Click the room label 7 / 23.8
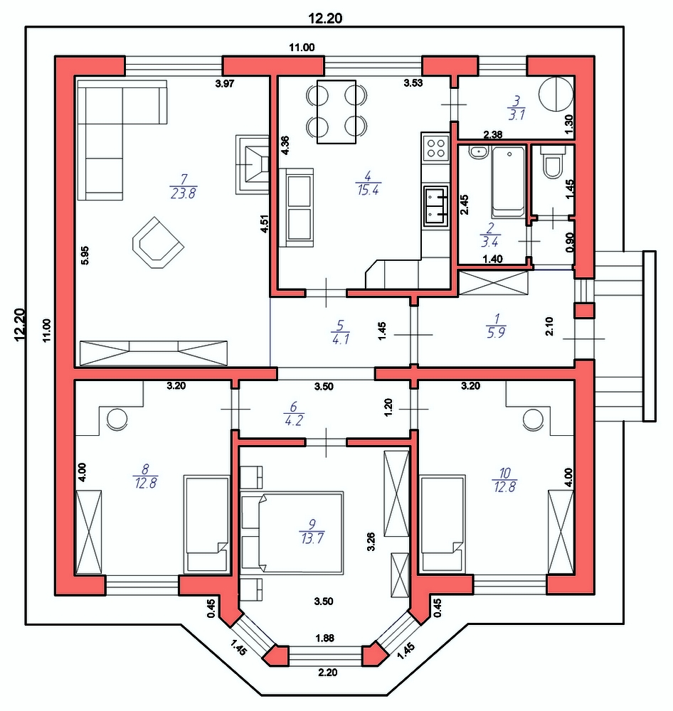pos(184,186)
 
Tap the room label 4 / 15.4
pos(368,183)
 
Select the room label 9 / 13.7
pos(312,532)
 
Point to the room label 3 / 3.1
pos(516,108)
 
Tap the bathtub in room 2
pos(508,182)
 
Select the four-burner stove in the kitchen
pos(435,147)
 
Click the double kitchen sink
pos(435,206)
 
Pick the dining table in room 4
pos(336,112)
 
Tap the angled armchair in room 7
pos(158,242)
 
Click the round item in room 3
pos(556,95)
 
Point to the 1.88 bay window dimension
pos(325,638)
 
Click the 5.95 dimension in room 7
pos(85,255)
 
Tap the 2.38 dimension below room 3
pos(493,134)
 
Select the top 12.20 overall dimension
pos(325,18)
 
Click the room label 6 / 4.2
pos(293,413)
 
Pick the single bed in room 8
pos(206,523)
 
